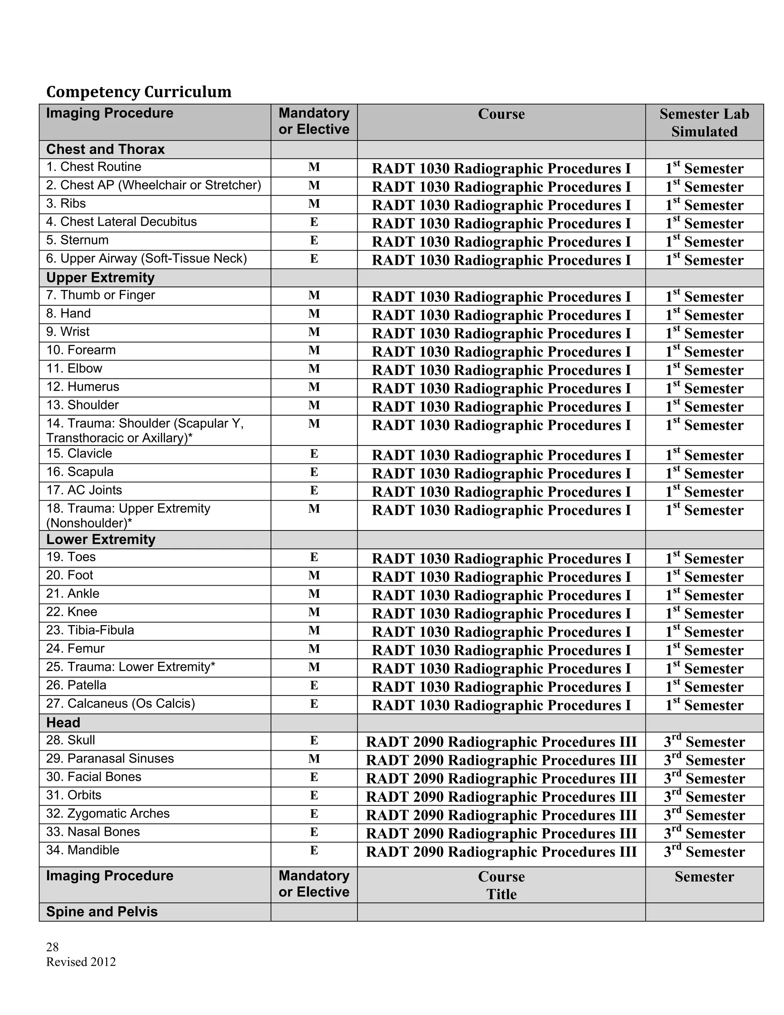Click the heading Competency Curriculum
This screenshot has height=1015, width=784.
[x=139, y=92]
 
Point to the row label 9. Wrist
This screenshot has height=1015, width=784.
[x=68, y=332]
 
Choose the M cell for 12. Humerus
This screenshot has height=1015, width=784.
[x=314, y=387]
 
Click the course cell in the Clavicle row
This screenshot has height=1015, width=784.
[x=501, y=455]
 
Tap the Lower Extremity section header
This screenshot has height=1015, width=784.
[x=101, y=540]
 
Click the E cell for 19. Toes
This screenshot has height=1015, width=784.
[x=314, y=557]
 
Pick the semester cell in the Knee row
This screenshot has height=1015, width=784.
[x=704, y=614]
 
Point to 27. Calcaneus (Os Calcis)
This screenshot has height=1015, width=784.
[x=120, y=704]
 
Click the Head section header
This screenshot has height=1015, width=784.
[x=63, y=723]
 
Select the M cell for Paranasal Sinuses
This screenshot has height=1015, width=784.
[x=314, y=759]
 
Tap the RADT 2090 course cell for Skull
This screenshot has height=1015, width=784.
[x=501, y=742]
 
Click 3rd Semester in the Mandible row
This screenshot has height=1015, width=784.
[x=704, y=851]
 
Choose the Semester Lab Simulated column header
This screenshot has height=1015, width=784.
[x=704, y=122]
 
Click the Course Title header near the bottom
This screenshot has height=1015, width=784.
[x=501, y=885]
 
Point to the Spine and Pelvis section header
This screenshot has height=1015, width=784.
[x=102, y=912]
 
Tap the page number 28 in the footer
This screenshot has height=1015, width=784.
[x=52, y=947]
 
